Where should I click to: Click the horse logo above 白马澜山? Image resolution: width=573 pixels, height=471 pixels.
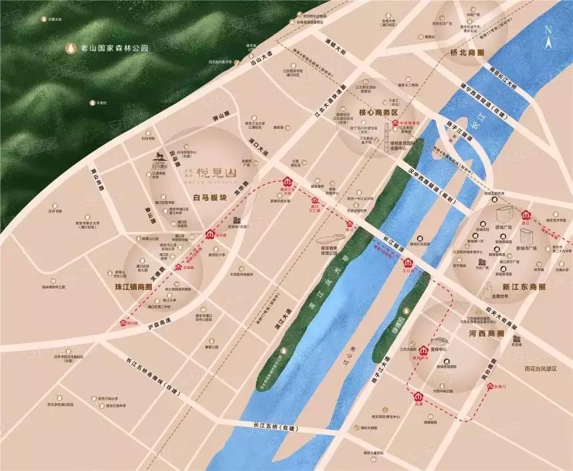pos(160,155)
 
